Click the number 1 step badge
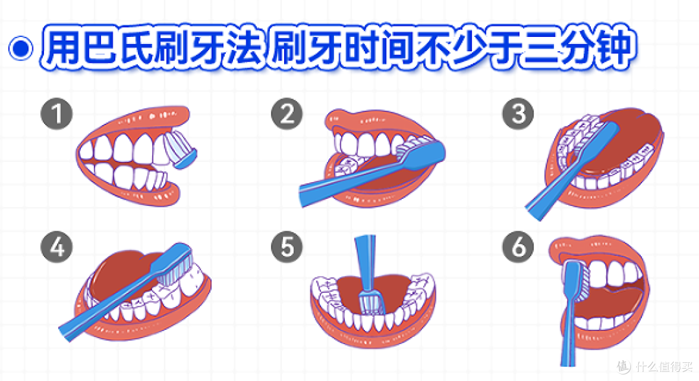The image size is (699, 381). (56, 113)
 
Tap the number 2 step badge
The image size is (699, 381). (287, 113)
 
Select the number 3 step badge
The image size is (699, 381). (518, 113)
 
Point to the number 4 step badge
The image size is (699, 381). (56, 247)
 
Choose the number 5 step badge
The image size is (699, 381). (287, 247)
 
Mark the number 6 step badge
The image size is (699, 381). (518, 247)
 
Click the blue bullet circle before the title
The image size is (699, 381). (21, 48)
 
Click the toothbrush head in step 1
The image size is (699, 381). (181, 148)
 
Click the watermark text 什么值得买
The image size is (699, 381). (664, 367)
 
